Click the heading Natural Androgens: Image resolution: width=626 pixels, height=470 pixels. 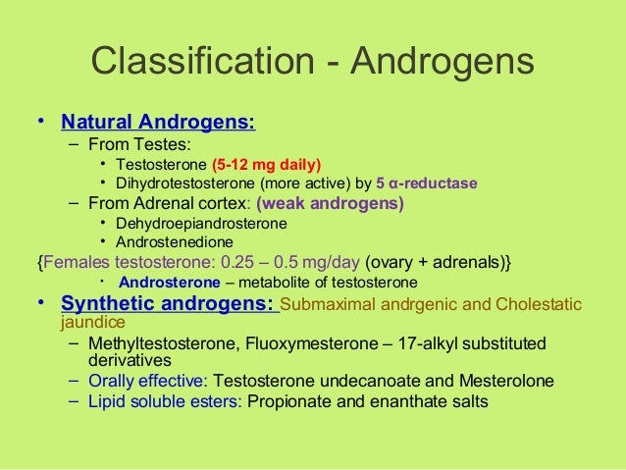158,123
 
